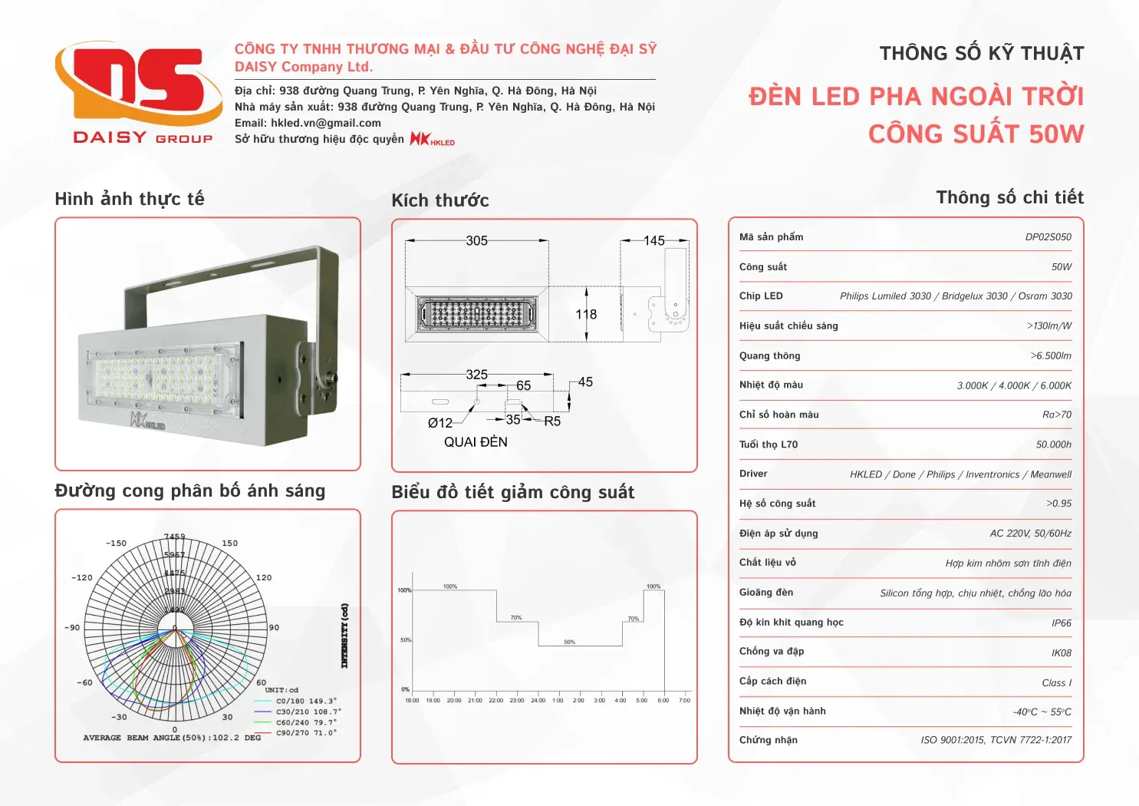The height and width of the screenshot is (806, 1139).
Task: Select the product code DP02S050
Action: (x=1048, y=237)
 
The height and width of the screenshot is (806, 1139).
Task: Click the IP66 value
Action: (x=1061, y=623)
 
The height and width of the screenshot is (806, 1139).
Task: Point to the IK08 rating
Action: (x=1061, y=653)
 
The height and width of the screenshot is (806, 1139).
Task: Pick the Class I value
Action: (x=1056, y=683)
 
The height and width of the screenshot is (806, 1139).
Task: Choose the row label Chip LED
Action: (x=761, y=296)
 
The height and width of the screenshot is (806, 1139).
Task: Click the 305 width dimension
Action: (x=476, y=241)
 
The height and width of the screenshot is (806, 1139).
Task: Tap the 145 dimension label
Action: (x=653, y=241)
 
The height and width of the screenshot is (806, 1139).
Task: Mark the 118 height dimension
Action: (x=586, y=315)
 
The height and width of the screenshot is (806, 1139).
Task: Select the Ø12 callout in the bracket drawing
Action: (x=439, y=423)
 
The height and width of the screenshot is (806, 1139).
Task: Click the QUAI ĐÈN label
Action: (x=476, y=442)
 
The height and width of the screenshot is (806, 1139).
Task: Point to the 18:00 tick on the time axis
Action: (x=412, y=700)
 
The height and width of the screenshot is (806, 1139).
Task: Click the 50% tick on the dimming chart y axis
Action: (x=405, y=640)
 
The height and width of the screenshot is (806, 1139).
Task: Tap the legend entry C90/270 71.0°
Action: (x=306, y=733)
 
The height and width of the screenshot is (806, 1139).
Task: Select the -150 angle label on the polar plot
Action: (x=116, y=543)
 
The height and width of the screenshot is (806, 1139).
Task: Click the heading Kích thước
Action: (x=440, y=201)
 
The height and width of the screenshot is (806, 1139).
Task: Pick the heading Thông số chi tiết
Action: (x=1009, y=198)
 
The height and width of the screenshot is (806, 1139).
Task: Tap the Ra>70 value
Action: (x=1056, y=415)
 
